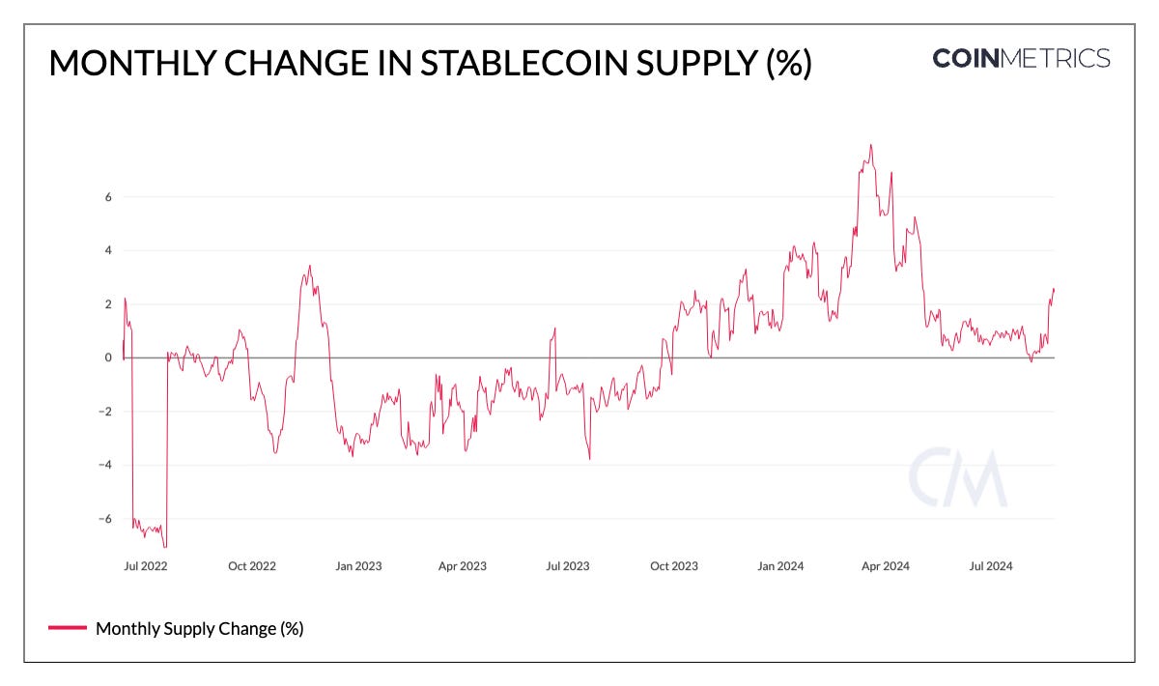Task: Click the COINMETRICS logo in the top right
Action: tap(1021, 58)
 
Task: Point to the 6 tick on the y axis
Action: tap(108, 196)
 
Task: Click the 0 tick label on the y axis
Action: tap(108, 357)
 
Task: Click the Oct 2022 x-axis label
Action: tap(252, 566)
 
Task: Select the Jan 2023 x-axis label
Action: tap(358, 566)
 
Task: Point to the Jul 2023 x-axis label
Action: tap(568, 566)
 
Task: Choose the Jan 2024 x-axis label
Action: tap(779, 566)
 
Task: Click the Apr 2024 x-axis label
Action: tap(885, 566)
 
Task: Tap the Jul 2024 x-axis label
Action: tap(990, 566)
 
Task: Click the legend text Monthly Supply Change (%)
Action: tap(200, 629)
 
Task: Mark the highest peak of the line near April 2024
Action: tap(870, 145)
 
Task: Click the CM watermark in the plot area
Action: tap(957, 478)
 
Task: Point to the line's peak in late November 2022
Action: tap(309, 266)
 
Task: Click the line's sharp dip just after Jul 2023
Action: tap(589, 458)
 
